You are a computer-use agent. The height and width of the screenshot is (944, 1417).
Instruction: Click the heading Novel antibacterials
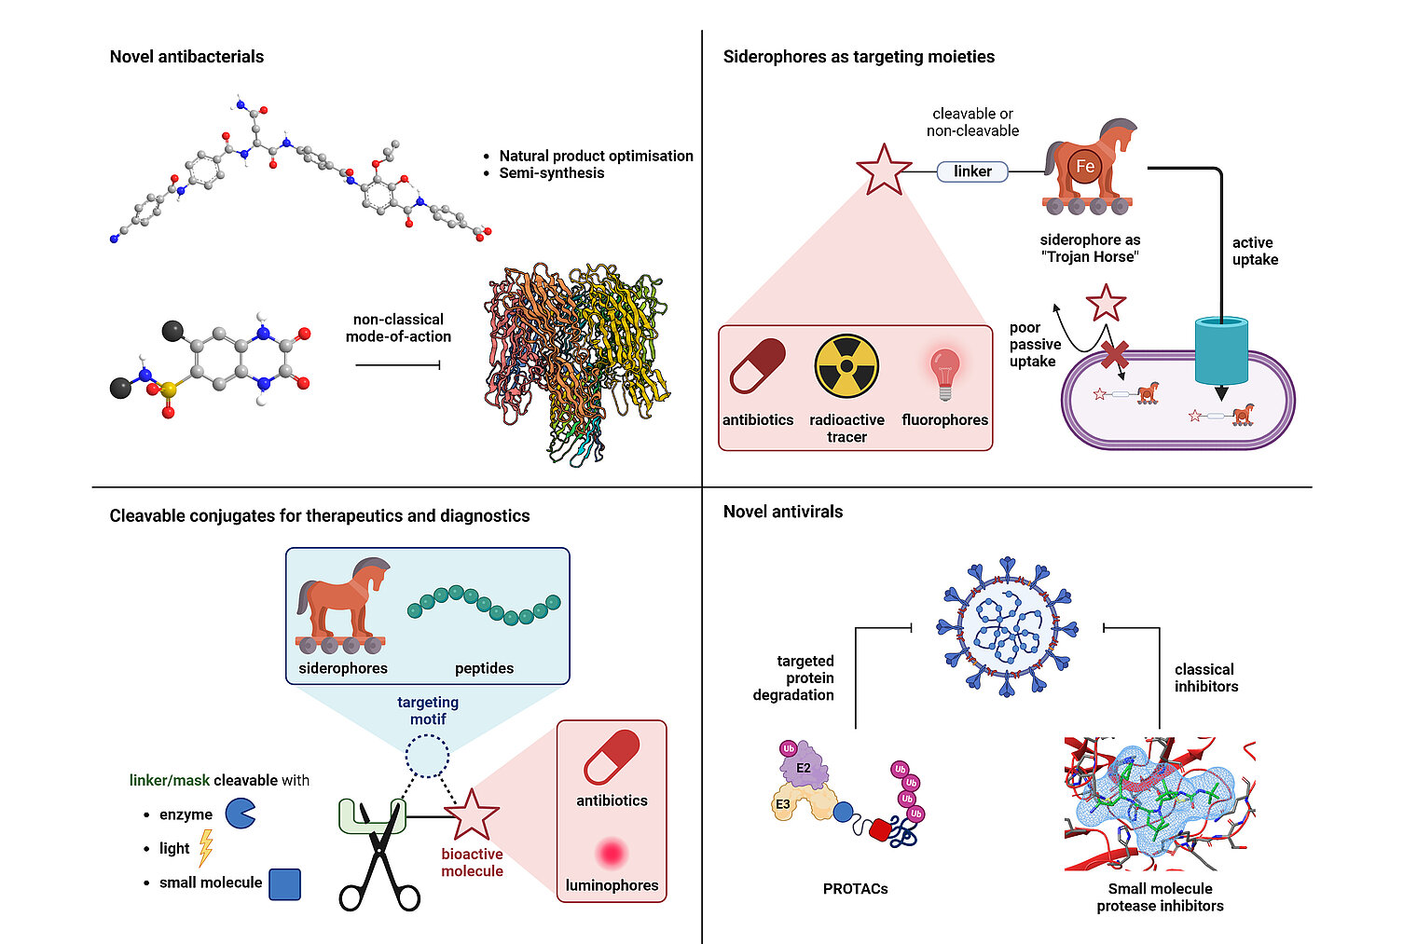pyautogui.click(x=186, y=57)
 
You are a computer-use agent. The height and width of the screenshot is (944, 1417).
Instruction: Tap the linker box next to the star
pyautogui.click(x=972, y=171)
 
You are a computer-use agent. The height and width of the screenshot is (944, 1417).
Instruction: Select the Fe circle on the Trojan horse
pyautogui.click(x=1085, y=167)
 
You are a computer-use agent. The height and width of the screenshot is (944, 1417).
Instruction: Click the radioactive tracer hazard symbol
pyautogui.click(x=846, y=367)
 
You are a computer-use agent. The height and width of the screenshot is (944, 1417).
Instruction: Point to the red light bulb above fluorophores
pyautogui.click(x=944, y=372)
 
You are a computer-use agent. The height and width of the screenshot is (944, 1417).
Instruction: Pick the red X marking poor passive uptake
pyautogui.click(x=1115, y=355)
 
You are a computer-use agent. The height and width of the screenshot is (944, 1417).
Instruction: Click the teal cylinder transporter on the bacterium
pyautogui.click(x=1221, y=351)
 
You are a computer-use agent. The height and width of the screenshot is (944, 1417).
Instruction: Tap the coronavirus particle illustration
pyautogui.click(x=1007, y=626)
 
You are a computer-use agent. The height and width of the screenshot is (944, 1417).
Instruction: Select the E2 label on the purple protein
pyautogui.click(x=804, y=768)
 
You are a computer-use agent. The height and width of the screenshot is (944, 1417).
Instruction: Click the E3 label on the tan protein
pyautogui.click(x=783, y=804)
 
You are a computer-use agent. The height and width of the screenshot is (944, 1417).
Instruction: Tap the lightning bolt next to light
pyautogui.click(x=206, y=848)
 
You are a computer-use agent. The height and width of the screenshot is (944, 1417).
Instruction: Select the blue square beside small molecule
pyautogui.click(x=284, y=883)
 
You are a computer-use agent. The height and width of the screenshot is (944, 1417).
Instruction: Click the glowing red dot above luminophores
pyautogui.click(x=612, y=853)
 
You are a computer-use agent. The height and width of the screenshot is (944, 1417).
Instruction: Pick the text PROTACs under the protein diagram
pyautogui.click(x=855, y=889)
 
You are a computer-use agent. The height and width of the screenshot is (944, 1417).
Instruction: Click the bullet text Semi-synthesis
pyautogui.click(x=551, y=173)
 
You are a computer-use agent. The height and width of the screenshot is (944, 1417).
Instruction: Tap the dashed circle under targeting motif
pyautogui.click(x=428, y=756)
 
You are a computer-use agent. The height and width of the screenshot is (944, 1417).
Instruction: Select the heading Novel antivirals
pyautogui.click(x=783, y=512)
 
